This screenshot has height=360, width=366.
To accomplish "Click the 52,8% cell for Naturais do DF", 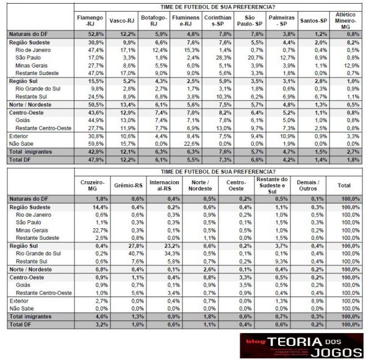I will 95,34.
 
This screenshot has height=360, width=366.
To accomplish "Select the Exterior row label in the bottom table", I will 20,300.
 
